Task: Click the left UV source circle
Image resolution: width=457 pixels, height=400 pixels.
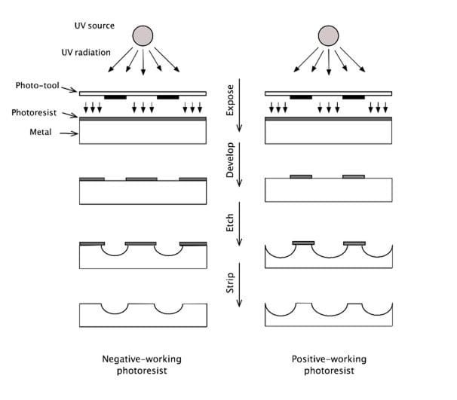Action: coord(143,35)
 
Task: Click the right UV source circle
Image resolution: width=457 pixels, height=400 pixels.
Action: coord(328,35)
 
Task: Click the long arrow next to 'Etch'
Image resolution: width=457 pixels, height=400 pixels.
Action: coord(239,224)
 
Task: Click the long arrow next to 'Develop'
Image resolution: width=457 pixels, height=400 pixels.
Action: coord(239,165)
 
